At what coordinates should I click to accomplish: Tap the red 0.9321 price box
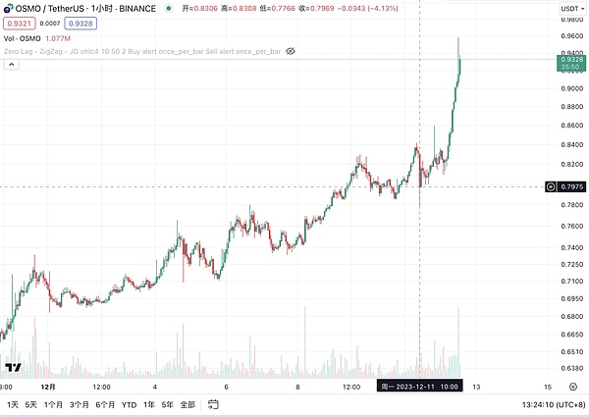[x=17, y=23]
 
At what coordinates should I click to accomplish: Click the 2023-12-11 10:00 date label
[x=419, y=387]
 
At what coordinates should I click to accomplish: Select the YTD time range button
[x=129, y=404]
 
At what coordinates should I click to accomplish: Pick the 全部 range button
[x=187, y=404]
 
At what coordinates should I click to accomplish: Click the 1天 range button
[x=13, y=404]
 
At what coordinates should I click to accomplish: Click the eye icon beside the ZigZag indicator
[x=291, y=50]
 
